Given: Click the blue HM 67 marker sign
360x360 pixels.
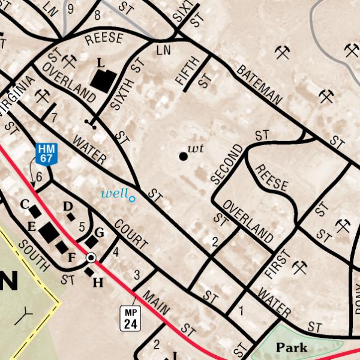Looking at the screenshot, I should tap(46, 154).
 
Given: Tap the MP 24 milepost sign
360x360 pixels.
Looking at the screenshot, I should tap(131, 318).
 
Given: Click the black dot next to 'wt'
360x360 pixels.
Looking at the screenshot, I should tap(183, 156).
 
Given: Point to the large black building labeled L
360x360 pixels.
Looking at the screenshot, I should tap(103, 80).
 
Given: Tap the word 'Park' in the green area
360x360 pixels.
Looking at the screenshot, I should tap(291, 347).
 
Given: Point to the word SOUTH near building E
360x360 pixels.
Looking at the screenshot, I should tap(33, 254).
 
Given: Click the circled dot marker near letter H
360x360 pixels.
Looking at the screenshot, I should tap(91, 258).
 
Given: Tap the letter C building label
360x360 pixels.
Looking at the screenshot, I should tap(25, 204).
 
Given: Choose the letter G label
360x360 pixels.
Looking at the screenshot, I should tap(100, 232).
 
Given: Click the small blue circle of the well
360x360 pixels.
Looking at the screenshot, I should tap(132, 199).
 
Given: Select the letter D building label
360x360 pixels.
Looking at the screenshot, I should tap(68, 206).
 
